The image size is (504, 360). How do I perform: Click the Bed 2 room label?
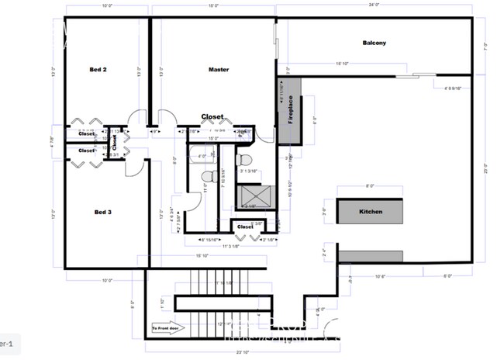[x=98, y=70]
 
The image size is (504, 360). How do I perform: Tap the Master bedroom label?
[x=219, y=70]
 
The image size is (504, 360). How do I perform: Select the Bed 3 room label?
[x=104, y=211]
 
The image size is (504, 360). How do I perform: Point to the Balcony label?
[x=374, y=43]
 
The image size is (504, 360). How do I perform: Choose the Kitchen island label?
[x=371, y=211]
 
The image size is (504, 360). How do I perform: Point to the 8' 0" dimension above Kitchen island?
[x=369, y=186]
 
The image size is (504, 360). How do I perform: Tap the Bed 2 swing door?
[x=137, y=118]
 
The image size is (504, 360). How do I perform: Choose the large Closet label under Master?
[x=212, y=117]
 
